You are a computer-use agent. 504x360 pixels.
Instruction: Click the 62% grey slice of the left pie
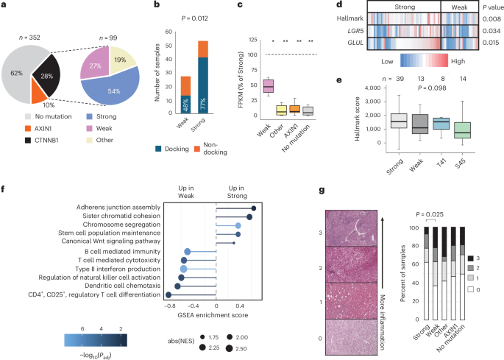coord(24,74)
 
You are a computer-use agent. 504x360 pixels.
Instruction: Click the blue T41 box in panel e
coord(441,123)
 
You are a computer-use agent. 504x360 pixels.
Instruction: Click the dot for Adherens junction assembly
coord(254,208)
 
